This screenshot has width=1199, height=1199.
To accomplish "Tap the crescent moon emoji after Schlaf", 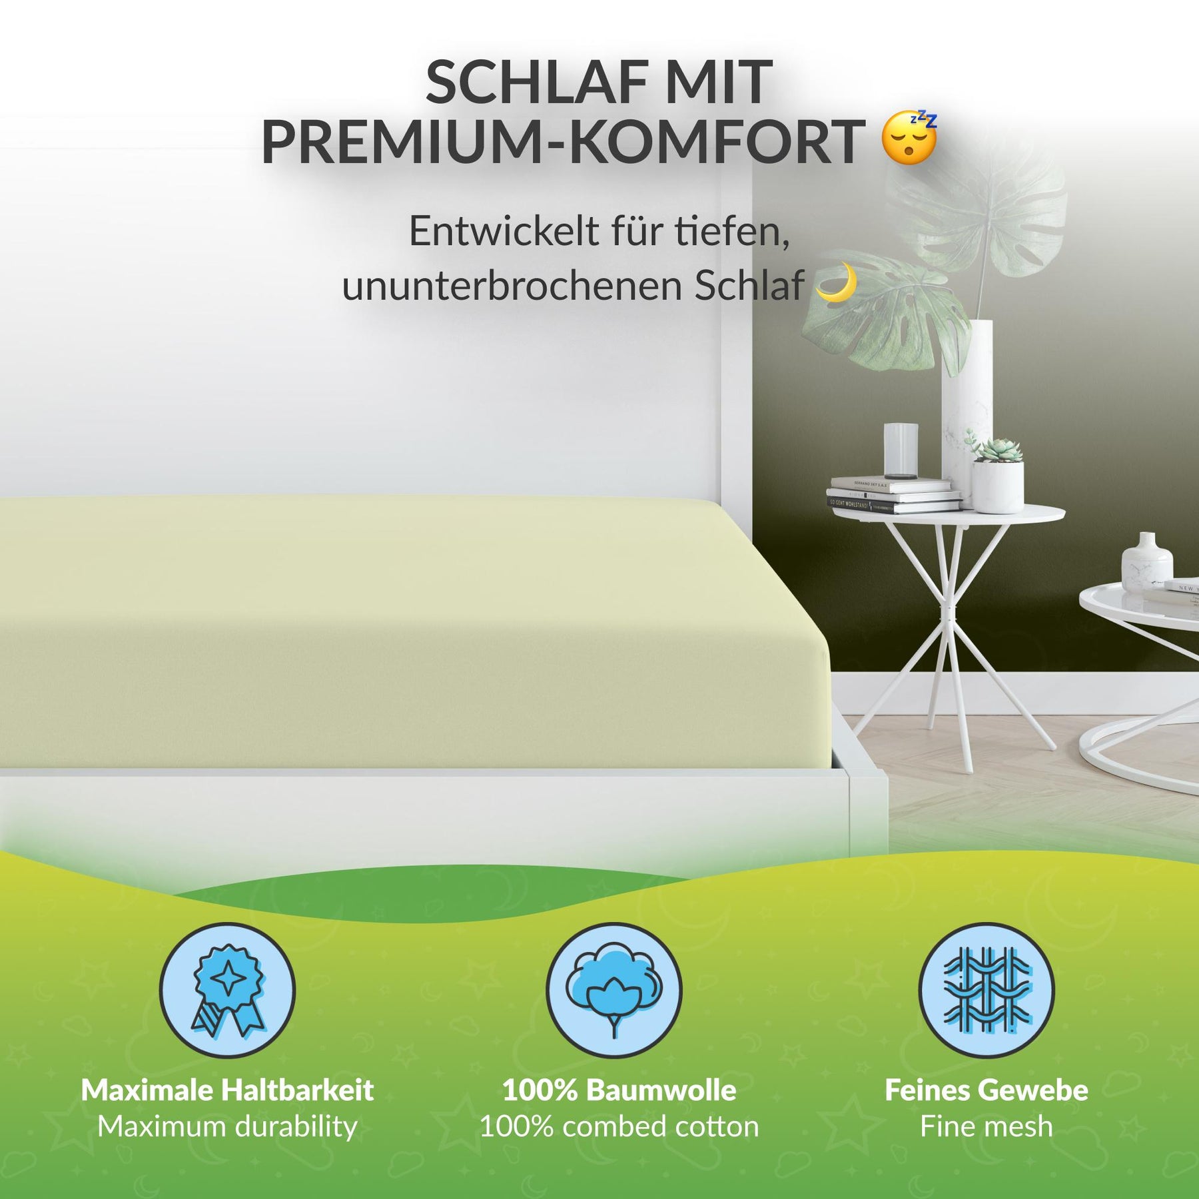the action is coord(837,282).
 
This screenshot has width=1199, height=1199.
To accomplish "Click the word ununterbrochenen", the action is coord(513,286).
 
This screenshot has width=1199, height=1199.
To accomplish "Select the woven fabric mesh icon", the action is coord(987,990).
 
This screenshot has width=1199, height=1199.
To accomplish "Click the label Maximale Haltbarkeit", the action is coord(227,1090).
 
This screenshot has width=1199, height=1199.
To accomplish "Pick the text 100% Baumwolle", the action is coord(619,1090).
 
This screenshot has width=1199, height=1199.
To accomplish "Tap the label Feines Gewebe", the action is coord(987,1090).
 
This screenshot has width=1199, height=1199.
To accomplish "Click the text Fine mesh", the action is coord(987,1126).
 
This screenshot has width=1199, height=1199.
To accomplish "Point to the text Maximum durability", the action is coord(227,1127).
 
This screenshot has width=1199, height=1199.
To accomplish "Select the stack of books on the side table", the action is coord(894,496).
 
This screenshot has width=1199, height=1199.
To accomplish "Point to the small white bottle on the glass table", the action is coord(1147,562).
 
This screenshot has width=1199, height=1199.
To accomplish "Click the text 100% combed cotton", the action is coord(619,1126).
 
